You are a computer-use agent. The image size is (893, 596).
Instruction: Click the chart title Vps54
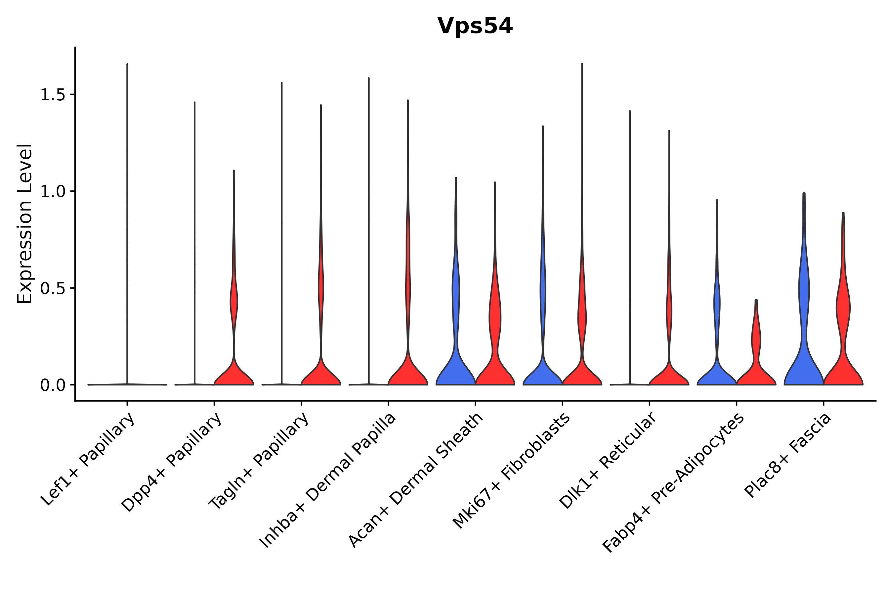[x=475, y=26]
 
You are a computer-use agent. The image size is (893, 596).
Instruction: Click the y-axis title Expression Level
[x=25, y=224]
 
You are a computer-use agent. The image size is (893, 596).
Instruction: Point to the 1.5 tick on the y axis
[x=53, y=95]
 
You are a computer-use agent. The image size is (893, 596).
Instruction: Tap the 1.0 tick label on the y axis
[x=53, y=192]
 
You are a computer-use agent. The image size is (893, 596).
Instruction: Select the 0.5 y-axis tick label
[x=53, y=288]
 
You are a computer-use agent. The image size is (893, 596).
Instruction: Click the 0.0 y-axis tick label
[x=53, y=385]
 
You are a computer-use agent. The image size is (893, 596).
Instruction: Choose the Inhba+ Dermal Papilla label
[x=328, y=480]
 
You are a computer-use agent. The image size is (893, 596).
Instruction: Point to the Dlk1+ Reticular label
[x=608, y=460]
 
